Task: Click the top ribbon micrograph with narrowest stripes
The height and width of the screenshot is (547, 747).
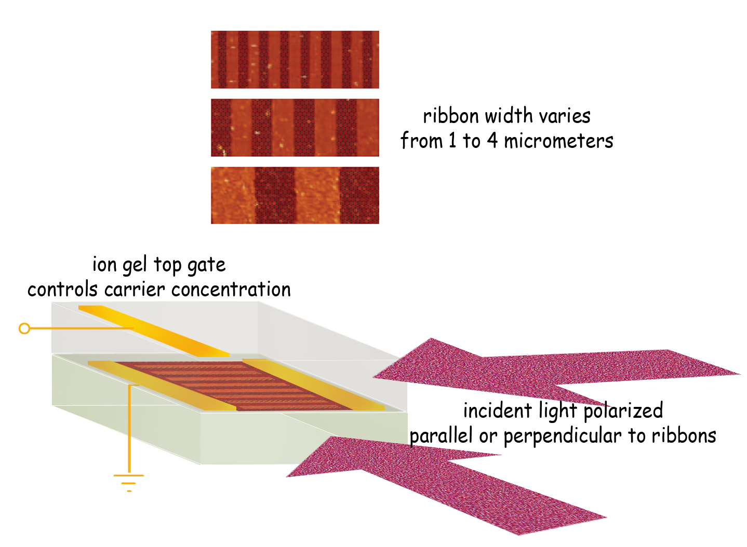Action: pos(295,59)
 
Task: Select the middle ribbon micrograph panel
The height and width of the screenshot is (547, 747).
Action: pos(295,127)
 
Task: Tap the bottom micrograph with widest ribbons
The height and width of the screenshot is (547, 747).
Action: pos(295,195)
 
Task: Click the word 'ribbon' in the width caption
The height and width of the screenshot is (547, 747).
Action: pos(451,116)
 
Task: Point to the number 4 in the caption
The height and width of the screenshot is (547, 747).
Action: pos(492,141)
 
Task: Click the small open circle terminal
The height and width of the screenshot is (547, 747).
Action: pos(24,329)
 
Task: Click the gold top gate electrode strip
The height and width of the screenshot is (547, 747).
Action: pos(154,331)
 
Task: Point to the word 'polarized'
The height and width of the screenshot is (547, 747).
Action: pos(623,411)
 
